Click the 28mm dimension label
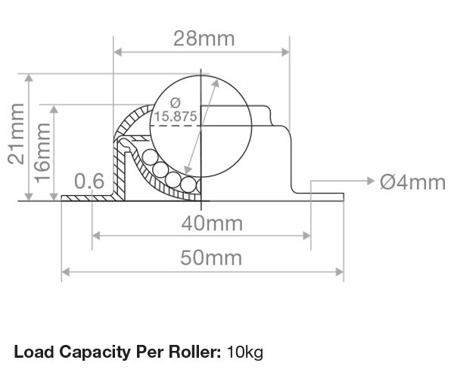[204, 39]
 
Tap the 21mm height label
[16, 134]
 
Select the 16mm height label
[42, 153]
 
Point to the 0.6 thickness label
[89, 181]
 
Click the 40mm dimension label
[212, 223]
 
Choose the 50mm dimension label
[211, 258]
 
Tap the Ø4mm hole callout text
[412, 182]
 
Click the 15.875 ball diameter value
[176, 116]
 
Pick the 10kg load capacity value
[245, 352]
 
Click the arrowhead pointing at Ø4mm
[371, 181]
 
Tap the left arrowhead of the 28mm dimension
[117, 52]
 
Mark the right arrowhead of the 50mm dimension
[339, 272]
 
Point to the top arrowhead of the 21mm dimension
[29, 78]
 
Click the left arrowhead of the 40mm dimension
[96, 236]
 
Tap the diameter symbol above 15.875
[176, 103]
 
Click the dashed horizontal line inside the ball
[176, 126]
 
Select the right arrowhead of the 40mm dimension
[306, 236]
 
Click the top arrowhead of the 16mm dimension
[54, 110]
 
